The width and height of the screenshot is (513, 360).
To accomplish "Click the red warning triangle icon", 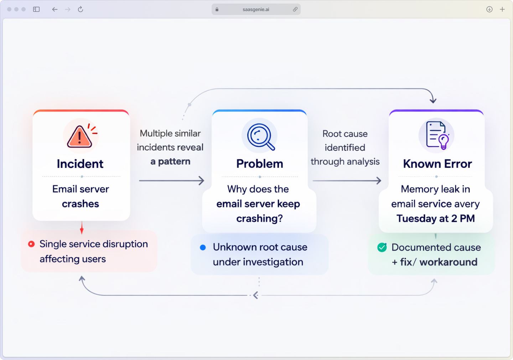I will point(79,137).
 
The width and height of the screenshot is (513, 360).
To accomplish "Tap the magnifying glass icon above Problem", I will point(260,136).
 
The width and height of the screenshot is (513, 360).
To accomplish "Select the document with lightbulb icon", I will point(437,135).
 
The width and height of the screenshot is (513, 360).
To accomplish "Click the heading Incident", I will point(80,164).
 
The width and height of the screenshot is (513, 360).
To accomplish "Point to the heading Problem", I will point(260,164).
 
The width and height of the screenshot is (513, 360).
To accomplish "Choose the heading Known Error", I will point(437,164).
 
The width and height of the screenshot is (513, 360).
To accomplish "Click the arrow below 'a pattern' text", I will point(171,181).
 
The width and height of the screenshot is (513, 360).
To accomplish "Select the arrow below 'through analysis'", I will point(347,181).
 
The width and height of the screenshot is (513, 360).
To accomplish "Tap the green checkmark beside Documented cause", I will point(382,247).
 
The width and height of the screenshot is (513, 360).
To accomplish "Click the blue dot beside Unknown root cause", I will point(203,247).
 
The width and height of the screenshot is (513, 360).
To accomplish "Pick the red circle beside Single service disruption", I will point(31,244).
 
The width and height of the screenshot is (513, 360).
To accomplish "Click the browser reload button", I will point(81,9).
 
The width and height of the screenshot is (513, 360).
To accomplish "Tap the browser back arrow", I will point(55,9).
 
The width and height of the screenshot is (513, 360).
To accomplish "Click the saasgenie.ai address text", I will point(256,10).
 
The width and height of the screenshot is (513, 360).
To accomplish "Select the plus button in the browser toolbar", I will point(502,9).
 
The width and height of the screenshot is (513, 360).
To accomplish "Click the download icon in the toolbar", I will point(489,9).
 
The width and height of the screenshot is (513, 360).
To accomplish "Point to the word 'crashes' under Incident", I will point(81,204).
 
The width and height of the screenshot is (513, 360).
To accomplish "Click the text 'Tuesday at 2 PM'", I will point(436,218).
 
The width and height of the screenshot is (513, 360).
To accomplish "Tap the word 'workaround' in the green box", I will point(449,262).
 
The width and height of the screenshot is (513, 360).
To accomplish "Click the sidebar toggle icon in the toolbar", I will point(36,9).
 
